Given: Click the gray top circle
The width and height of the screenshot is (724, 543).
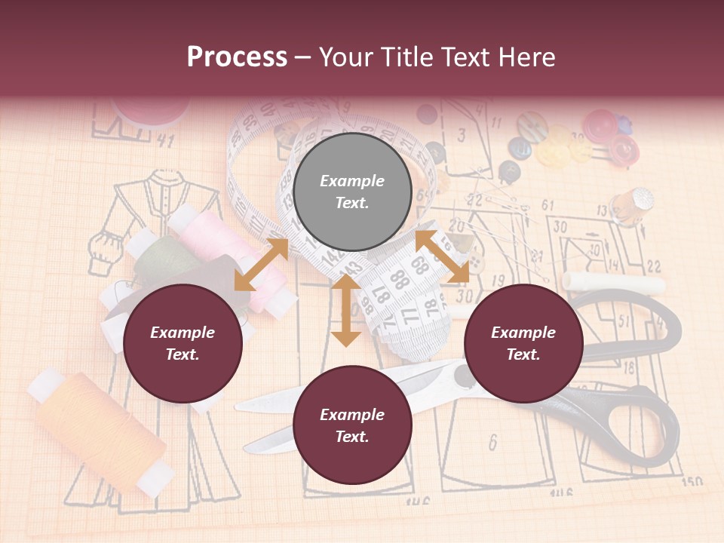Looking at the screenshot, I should tap(352, 192).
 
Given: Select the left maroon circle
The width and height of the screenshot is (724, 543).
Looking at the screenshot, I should tap(183, 343).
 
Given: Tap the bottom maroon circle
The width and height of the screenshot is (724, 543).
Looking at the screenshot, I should tap(352, 425).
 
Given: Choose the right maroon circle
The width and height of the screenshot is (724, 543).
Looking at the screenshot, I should tap(523, 343).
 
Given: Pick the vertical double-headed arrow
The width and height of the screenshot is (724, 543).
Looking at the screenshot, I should tap(346, 310).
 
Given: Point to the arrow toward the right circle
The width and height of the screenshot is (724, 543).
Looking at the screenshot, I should tap(442, 256).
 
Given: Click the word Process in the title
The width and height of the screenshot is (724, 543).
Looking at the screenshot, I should tap(237, 57).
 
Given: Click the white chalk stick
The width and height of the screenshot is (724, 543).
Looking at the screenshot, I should tap(615, 284).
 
